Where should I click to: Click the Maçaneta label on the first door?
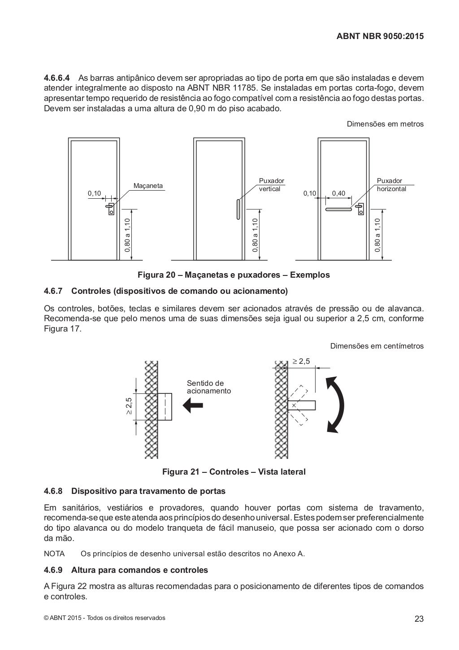[x=148, y=186]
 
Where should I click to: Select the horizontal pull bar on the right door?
[x=338, y=209]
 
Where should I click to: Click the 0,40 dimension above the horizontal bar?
[x=338, y=193]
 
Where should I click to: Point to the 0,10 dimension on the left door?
[x=95, y=193]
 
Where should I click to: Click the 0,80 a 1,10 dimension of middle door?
[x=255, y=234]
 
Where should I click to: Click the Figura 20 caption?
[x=234, y=275]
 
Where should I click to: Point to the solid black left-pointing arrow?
[x=193, y=406]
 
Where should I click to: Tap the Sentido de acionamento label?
[x=208, y=387]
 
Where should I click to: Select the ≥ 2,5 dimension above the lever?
[x=301, y=362]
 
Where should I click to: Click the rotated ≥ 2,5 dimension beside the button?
[x=129, y=406]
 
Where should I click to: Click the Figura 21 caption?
[x=234, y=472]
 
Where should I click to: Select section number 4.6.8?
[x=53, y=491]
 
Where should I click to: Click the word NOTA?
[x=54, y=554]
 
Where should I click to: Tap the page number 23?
[x=419, y=619]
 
